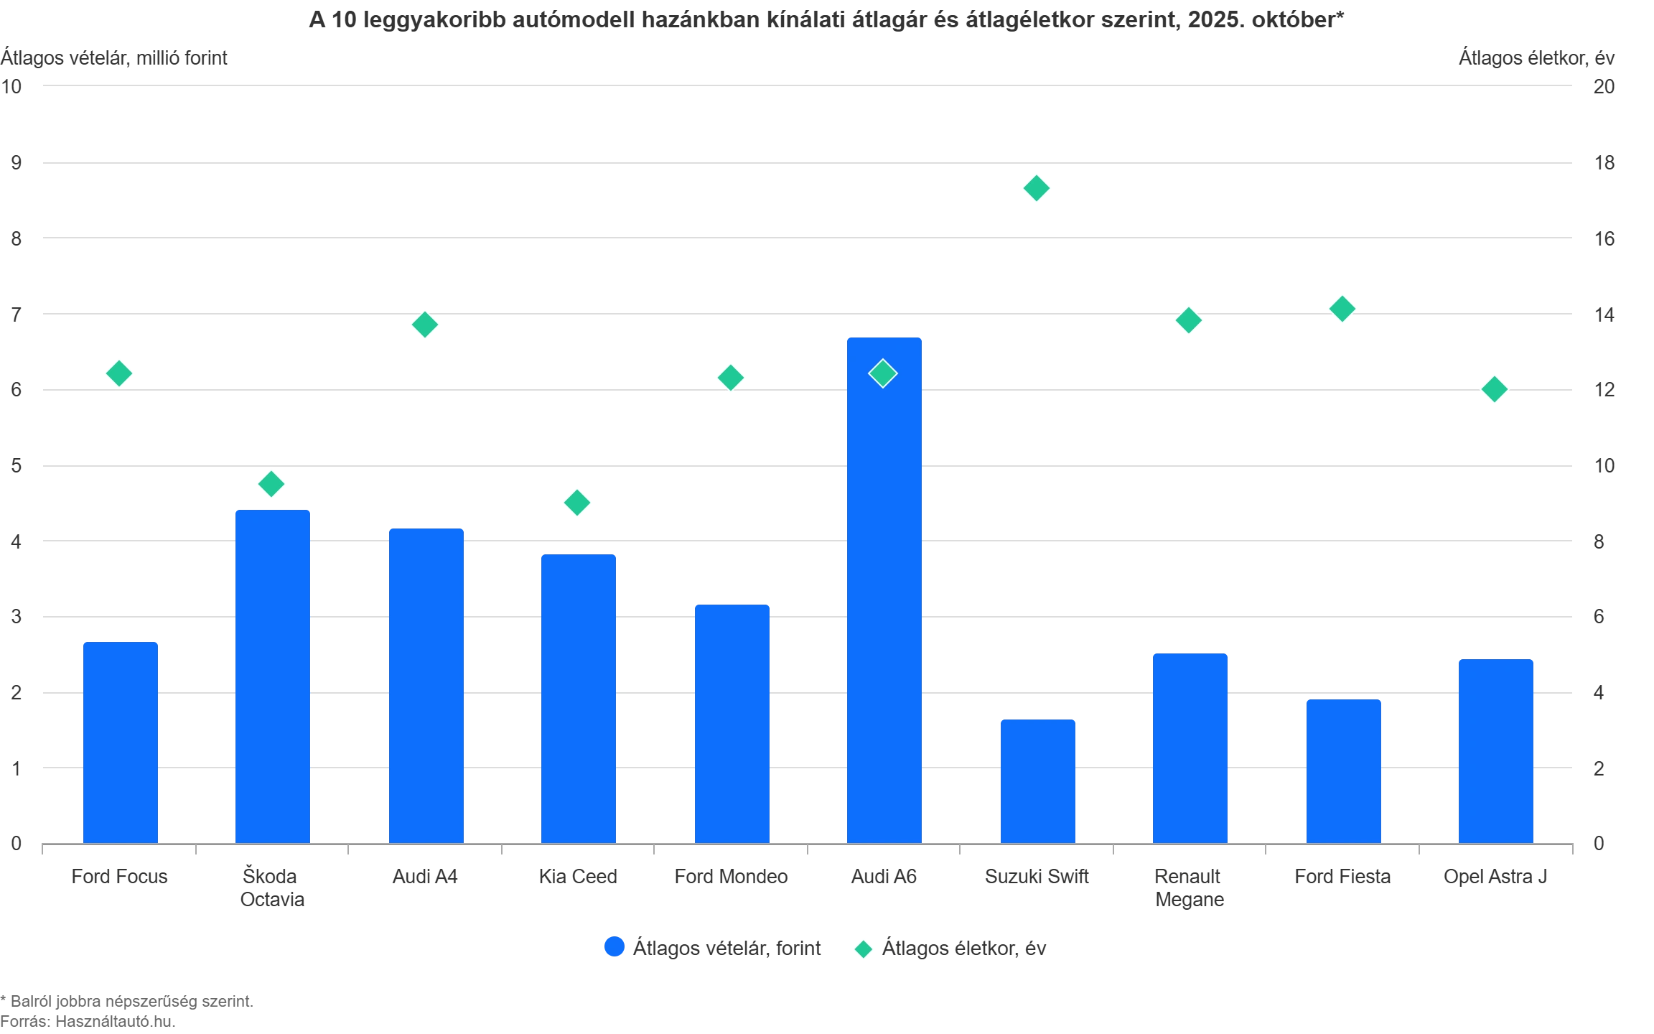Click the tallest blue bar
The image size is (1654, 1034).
coord(884,589)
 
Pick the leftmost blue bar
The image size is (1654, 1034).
coord(121,740)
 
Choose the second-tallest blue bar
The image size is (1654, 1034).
coord(273,674)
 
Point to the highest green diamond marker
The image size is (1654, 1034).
coord(1036,188)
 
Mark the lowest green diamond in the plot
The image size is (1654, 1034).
coord(577,502)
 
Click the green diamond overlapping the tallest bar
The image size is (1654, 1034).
coord(882,373)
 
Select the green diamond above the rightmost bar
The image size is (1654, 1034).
coord(1494,389)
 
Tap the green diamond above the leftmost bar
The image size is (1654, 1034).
coord(119,373)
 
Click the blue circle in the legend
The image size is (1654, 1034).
coord(615,948)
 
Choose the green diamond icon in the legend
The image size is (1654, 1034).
coord(863,949)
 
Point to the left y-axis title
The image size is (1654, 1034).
coord(115,57)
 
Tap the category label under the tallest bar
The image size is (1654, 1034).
coord(884,876)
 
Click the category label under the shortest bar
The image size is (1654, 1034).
coord(1037,876)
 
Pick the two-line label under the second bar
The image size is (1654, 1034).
coord(272,888)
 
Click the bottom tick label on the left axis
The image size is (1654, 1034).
coord(16,842)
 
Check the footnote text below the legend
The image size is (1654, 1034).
coord(126,1011)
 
